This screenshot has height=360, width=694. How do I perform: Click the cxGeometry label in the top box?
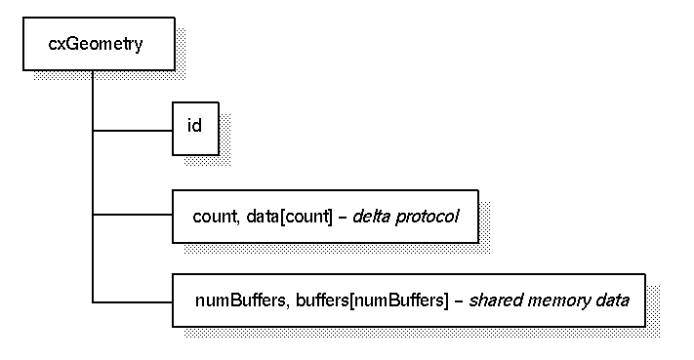96,44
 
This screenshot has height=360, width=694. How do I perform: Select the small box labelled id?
195,128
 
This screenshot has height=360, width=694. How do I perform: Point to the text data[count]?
280,216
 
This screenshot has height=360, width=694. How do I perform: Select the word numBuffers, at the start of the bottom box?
231,300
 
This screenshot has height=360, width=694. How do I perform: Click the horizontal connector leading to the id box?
133,129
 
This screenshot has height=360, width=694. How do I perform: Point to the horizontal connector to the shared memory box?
133,300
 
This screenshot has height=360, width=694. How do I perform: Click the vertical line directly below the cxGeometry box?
93,98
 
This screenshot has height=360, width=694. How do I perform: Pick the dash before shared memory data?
459,300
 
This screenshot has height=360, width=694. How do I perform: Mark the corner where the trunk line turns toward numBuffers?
93,300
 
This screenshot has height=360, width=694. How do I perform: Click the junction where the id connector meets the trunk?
93,129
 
